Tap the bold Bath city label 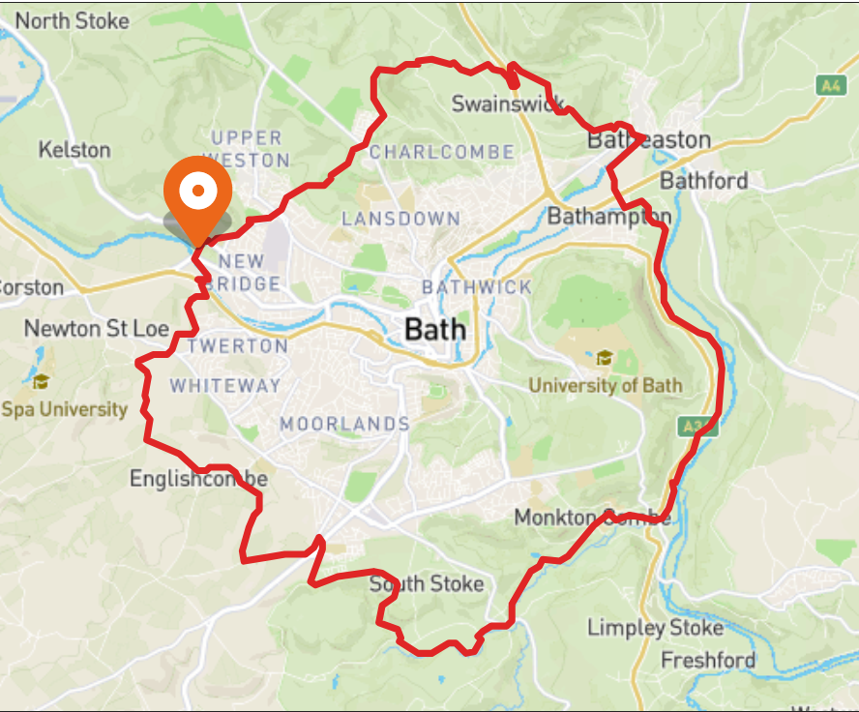(x=435, y=330)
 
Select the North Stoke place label (x=72, y=20)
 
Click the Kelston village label (x=74, y=150)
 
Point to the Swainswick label (x=508, y=104)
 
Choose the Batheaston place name (x=649, y=140)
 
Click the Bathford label (x=703, y=181)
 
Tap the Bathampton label (x=608, y=216)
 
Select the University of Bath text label (x=605, y=385)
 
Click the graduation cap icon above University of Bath (x=605, y=358)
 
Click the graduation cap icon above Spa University (x=40, y=380)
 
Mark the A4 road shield (x=829, y=85)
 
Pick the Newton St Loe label (x=97, y=329)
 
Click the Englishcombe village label (x=198, y=479)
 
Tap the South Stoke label (x=427, y=584)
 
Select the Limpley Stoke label (x=655, y=629)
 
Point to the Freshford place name (x=708, y=661)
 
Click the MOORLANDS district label (x=344, y=424)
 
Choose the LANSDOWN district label (x=400, y=219)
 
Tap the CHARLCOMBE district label (x=441, y=152)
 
